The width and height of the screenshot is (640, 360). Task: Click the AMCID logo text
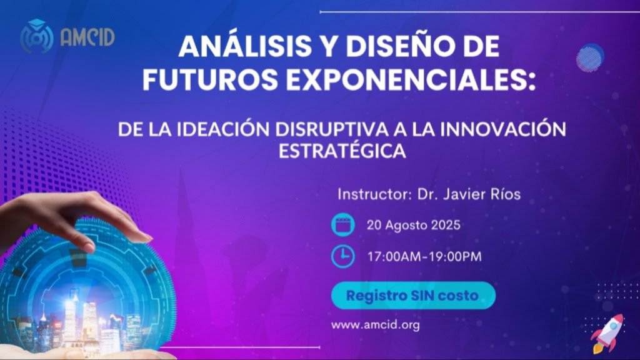click(x=87, y=37)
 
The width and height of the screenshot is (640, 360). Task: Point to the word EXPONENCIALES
click(x=411, y=79)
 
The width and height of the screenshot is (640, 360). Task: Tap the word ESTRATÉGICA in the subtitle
click(x=342, y=151)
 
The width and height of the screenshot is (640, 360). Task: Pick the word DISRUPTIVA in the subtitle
click(x=331, y=129)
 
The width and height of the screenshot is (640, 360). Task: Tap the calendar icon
click(x=343, y=225)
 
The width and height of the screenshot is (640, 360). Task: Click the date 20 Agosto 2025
click(x=414, y=225)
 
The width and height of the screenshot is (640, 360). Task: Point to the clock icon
click(x=343, y=256)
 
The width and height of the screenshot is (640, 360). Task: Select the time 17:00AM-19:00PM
click(x=424, y=257)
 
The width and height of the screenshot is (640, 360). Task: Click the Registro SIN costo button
click(x=413, y=295)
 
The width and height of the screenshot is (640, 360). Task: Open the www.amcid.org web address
click(x=376, y=325)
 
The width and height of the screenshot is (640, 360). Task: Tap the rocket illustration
click(x=607, y=333)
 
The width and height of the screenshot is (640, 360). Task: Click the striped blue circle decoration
click(x=590, y=58)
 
